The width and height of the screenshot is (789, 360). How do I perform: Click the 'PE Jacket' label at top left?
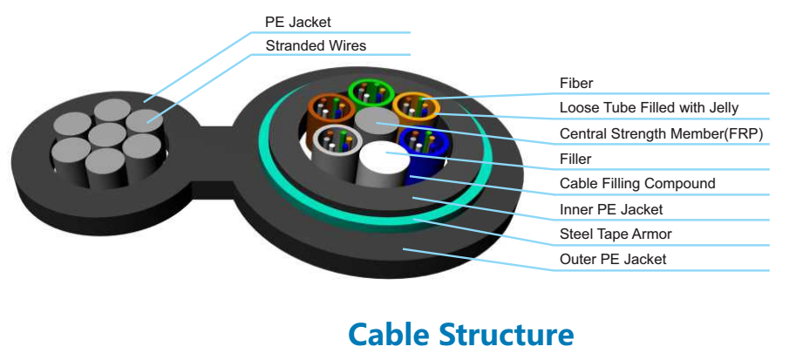(297, 21)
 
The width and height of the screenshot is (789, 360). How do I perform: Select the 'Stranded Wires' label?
(316, 45)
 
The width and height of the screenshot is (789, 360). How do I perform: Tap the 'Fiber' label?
(576, 84)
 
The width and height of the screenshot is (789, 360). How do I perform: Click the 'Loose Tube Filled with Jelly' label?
(649, 108)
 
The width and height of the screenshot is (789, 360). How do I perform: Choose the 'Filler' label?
(575, 159)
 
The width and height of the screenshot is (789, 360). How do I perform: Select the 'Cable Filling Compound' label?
(637, 184)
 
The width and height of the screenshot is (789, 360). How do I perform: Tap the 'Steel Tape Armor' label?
(616, 234)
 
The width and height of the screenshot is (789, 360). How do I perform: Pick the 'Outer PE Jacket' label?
(613, 259)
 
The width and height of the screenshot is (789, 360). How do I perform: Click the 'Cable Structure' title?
(460, 335)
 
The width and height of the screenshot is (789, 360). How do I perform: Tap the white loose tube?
(332, 141)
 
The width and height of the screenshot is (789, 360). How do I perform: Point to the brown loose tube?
(330, 109)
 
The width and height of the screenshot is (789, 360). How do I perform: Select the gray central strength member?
(376, 122)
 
